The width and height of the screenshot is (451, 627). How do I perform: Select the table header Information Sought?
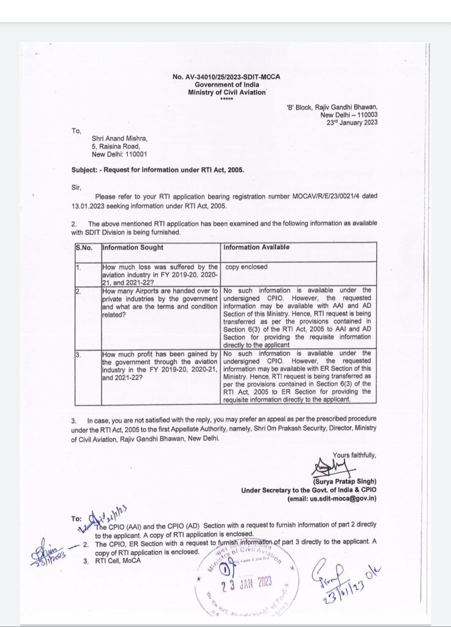(x=133, y=248)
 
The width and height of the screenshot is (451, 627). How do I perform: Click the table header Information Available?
(x=256, y=248)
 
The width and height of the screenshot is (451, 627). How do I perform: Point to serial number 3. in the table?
(x=78, y=354)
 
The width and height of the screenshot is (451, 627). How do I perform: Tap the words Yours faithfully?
(x=355, y=455)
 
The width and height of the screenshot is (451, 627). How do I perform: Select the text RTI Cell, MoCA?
(x=117, y=560)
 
